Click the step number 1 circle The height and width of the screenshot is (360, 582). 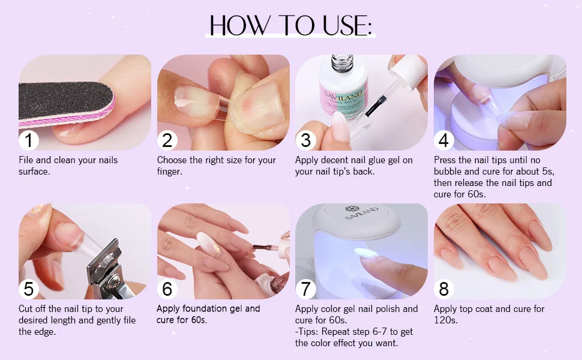29,140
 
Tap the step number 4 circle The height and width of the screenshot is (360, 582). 444,140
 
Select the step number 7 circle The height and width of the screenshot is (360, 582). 305,289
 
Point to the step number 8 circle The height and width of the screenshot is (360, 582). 444,289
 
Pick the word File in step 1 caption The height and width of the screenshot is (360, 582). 26,160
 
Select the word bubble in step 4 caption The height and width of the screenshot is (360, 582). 448,172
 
